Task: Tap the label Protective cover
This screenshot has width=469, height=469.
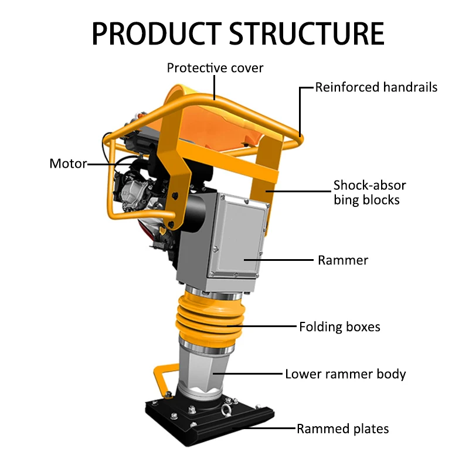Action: [215, 67]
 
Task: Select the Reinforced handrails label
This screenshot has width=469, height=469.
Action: [376, 88]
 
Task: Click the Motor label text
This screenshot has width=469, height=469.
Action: [68, 164]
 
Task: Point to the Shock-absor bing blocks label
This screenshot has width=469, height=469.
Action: [369, 192]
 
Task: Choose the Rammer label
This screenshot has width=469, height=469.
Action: [343, 260]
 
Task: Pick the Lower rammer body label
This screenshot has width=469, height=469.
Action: [345, 374]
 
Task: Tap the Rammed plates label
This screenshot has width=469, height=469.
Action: [342, 429]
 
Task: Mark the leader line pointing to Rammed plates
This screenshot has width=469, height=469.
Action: [264, 429]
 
